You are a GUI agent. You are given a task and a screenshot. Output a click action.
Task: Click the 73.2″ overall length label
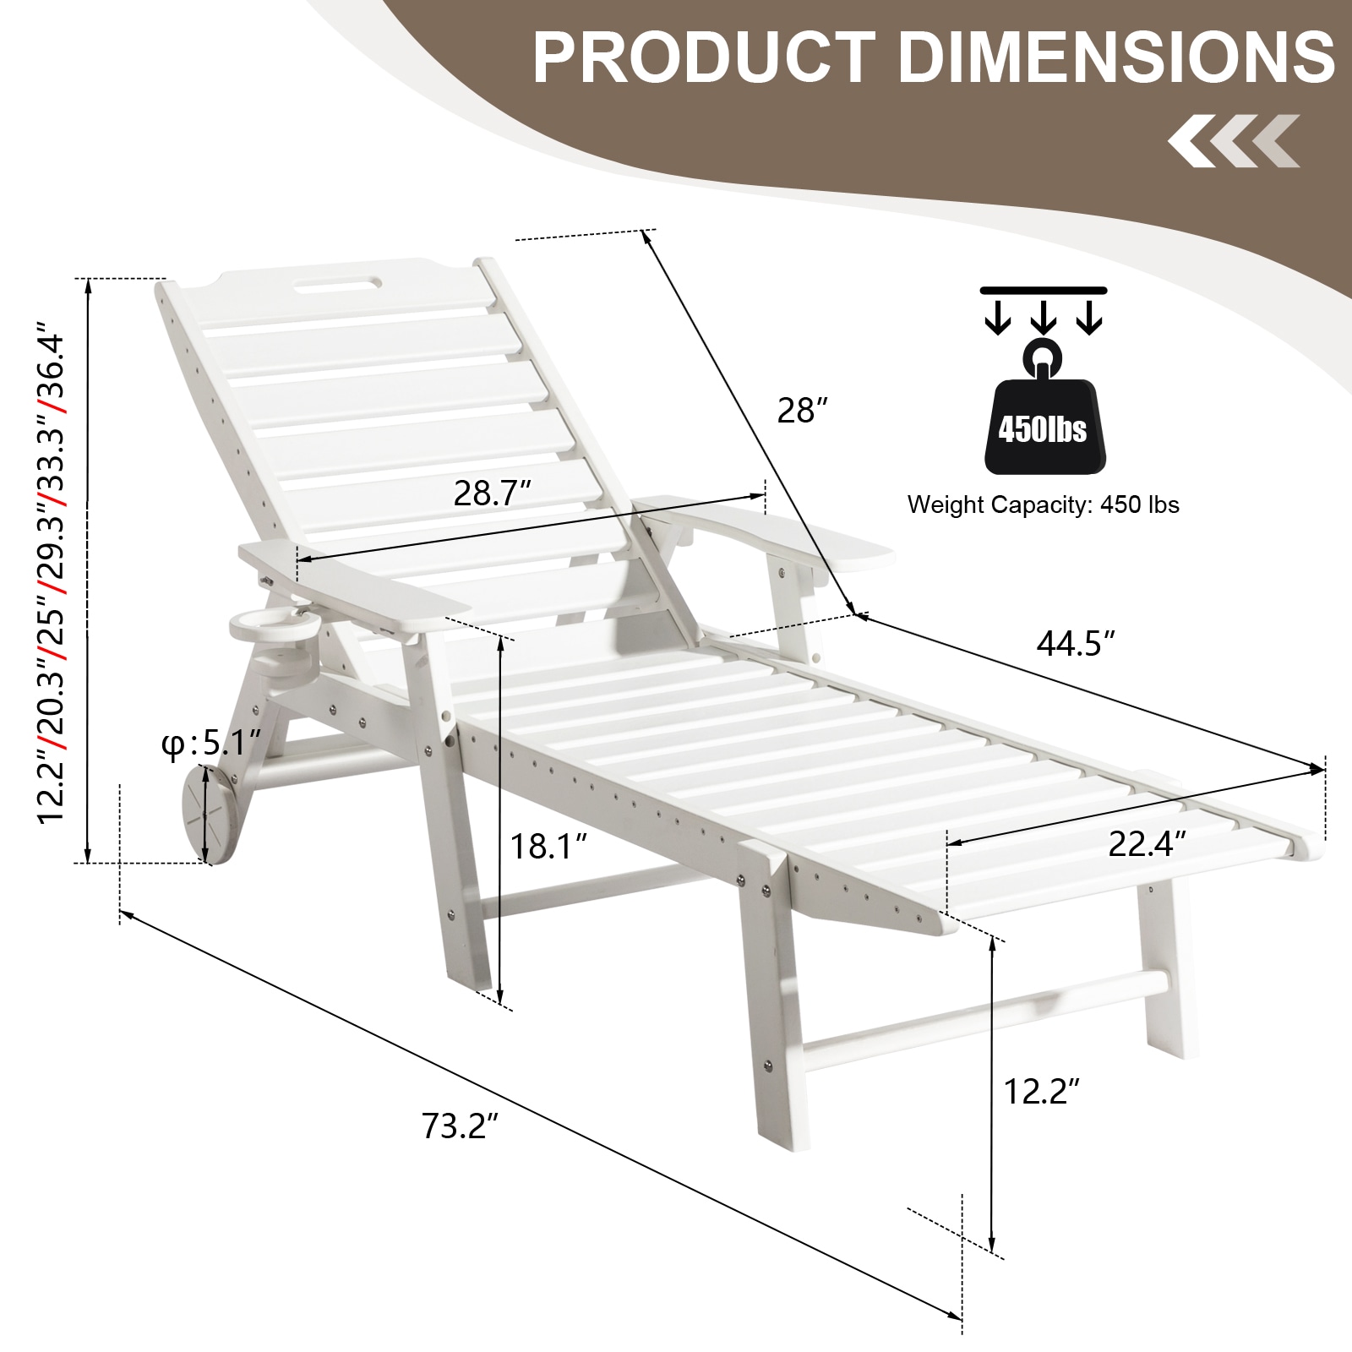(x=461, y=1126)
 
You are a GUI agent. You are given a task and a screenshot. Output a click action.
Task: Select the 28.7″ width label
(x=493, y=493)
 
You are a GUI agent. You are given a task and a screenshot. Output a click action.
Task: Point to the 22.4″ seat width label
(x=1148, y=843)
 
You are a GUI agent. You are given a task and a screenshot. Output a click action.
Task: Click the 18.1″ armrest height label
(x=548, y=845)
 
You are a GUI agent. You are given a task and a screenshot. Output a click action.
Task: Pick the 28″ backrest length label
(x=801, y=411)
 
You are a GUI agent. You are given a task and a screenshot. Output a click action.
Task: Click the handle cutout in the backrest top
(x=336, y=284)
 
